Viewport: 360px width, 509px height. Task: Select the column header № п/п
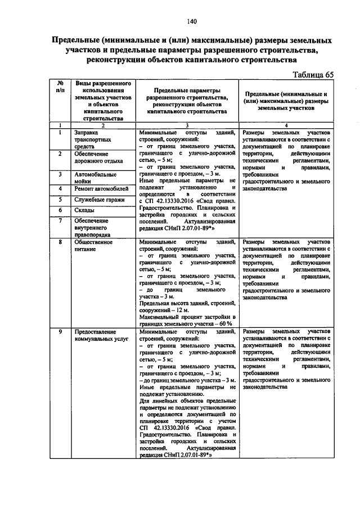(60, 86)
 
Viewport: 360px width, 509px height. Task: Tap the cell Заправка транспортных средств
(93, 139)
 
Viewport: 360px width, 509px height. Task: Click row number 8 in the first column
(60, 242)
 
